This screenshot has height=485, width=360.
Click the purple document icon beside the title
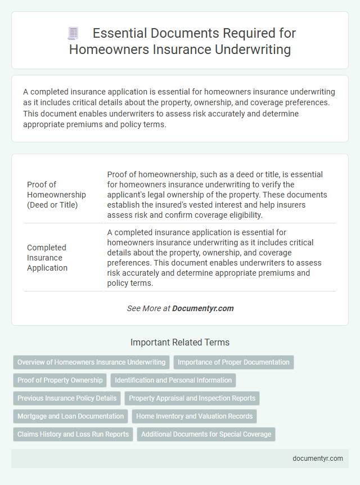tap(73, 34)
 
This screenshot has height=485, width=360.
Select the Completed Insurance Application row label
tap(47, 257)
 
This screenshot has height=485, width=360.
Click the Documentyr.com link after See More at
tap(202, 308)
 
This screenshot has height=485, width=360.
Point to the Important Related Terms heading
tap(179, 342)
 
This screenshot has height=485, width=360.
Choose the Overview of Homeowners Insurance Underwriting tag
tap(91, 362)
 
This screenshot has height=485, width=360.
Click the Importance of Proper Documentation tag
tap(233, 362)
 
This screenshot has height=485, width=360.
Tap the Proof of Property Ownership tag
tap(60, 380)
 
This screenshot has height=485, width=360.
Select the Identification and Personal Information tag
tap(173, 380)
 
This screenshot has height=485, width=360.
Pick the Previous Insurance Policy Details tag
tap(67, 398)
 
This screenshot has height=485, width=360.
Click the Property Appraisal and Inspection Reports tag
tap(192, 398)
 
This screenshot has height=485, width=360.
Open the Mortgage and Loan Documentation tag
tap(70, 416)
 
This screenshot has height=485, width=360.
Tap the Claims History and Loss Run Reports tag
tap(73, 434)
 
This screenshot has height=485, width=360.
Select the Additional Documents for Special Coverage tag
tap(206, 434)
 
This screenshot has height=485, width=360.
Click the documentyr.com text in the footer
tap(318, 459)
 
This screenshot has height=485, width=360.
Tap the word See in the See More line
tap(133, 308)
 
